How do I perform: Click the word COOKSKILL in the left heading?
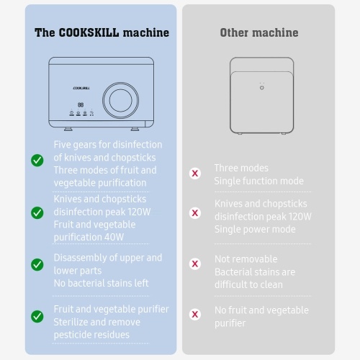click(89, 32)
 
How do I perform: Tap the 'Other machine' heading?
click(259, 32)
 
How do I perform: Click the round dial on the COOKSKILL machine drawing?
click(120, 100)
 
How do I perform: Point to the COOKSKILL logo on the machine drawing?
click(81, 89)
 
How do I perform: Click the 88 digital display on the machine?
click(81, 105)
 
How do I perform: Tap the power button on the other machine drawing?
click(262, 88)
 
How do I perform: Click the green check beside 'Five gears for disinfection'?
click(37, 160)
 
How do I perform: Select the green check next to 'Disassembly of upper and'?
click(37, 264)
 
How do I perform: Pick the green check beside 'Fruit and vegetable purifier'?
click(37, 316)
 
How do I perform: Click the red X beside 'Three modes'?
click(195, 174)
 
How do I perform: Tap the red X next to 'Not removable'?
click(195, 264)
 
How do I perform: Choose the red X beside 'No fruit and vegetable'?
click(195, 315)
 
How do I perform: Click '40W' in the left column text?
click(114, 238)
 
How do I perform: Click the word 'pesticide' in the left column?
click(73, 335)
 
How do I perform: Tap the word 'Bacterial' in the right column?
click(233, 272)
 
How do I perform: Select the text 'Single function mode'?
click(259, 181)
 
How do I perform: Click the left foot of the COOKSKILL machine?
click(68, 129)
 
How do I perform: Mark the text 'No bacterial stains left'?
click(102, 284)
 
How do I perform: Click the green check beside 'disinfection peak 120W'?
click(37, 212)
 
